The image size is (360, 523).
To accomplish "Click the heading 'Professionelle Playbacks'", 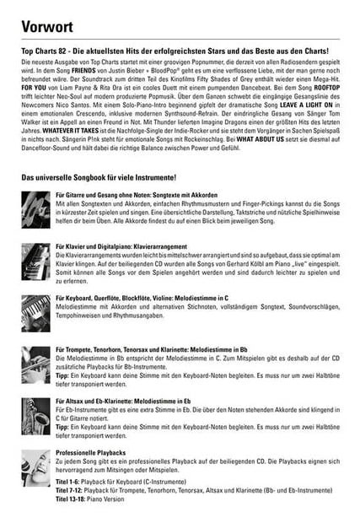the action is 91,453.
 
